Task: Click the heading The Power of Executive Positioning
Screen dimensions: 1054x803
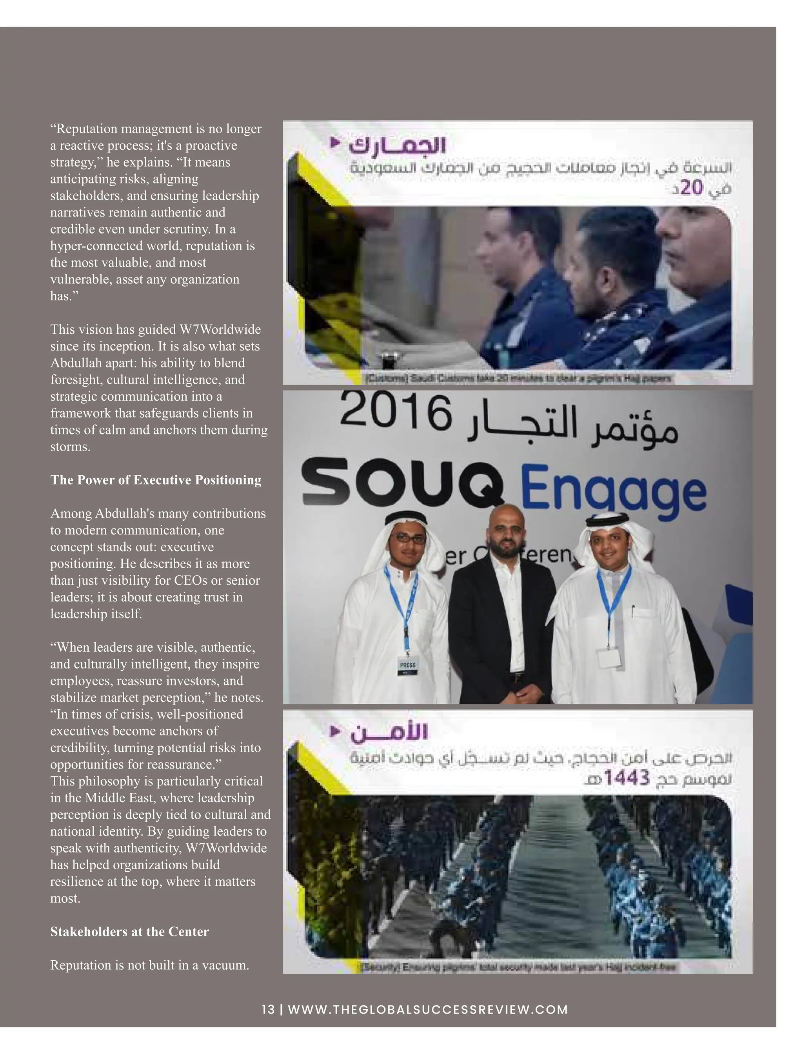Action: pos(156,480)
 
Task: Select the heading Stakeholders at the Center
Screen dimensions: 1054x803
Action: pos(129,932)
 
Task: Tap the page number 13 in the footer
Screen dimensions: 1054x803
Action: pos(268,1010)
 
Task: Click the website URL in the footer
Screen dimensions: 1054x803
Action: pos(428,1010)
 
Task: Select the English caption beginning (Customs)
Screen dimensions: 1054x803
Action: pos(518,378)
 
